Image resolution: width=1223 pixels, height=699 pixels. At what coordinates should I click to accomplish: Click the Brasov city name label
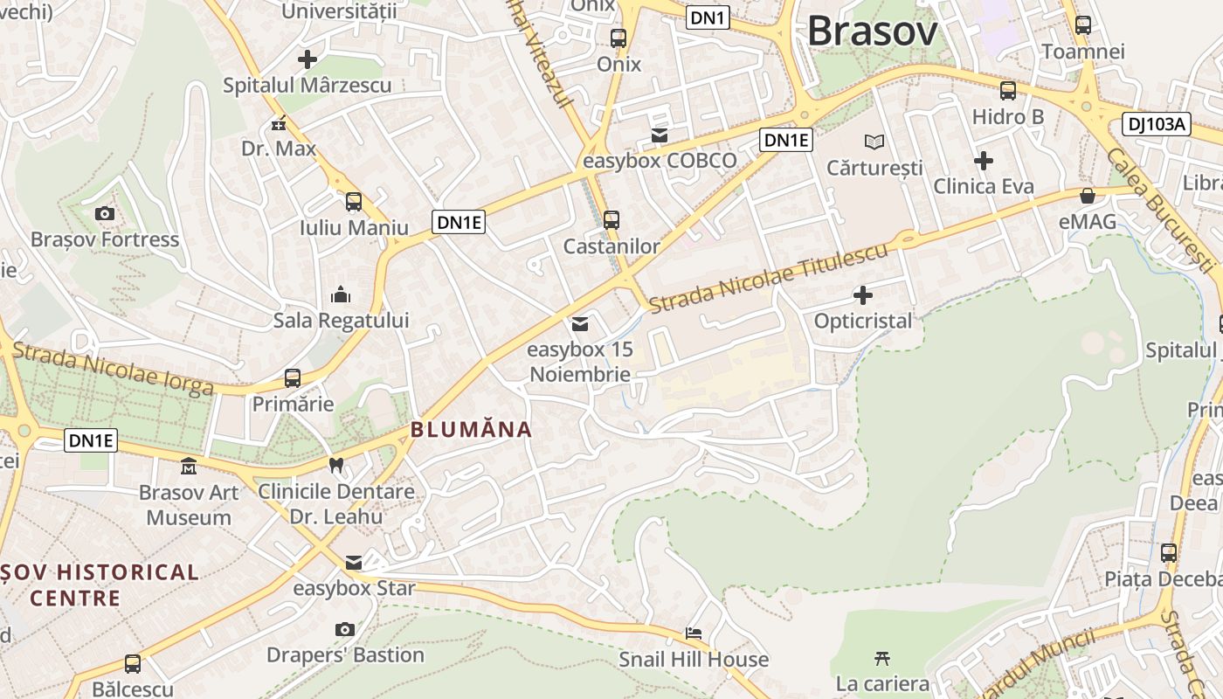(872, 31)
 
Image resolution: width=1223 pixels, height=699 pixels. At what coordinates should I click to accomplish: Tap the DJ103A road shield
(1157, 125)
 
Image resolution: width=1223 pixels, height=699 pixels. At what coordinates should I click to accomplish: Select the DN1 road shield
(708, 17)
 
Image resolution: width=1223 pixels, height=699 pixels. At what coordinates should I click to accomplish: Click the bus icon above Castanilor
(611, 220)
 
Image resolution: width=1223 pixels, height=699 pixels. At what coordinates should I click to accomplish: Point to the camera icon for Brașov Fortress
(105, 213)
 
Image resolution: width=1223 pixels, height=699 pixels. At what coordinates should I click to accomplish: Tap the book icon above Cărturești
(874, 142)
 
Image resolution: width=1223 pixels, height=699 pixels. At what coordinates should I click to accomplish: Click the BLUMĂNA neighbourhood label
(471, 429)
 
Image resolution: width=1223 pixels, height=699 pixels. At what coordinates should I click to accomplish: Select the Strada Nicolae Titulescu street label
(769, 277)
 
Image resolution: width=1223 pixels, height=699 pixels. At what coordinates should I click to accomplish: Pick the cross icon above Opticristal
(863, 295)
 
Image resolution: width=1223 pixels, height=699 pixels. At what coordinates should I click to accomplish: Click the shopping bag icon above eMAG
(1088, 196)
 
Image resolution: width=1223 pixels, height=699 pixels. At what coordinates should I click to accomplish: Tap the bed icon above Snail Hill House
(694, 633)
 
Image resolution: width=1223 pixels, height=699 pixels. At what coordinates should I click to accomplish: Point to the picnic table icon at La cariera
(882, 657)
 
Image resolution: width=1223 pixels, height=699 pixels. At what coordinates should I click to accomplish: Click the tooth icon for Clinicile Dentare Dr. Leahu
(336, 465)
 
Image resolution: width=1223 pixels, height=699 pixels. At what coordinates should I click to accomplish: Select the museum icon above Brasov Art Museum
(189, 466)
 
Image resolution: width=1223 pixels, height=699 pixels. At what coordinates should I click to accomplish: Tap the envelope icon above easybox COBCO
(660, 135)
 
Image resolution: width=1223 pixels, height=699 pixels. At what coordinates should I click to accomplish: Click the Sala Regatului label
(341, 321)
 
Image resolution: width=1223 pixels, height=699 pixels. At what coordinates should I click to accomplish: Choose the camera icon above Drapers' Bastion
(345, 629)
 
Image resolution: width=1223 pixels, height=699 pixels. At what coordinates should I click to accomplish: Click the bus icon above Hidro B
(1008, 91)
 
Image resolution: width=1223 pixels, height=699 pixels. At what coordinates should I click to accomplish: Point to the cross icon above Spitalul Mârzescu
(307, 59)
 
